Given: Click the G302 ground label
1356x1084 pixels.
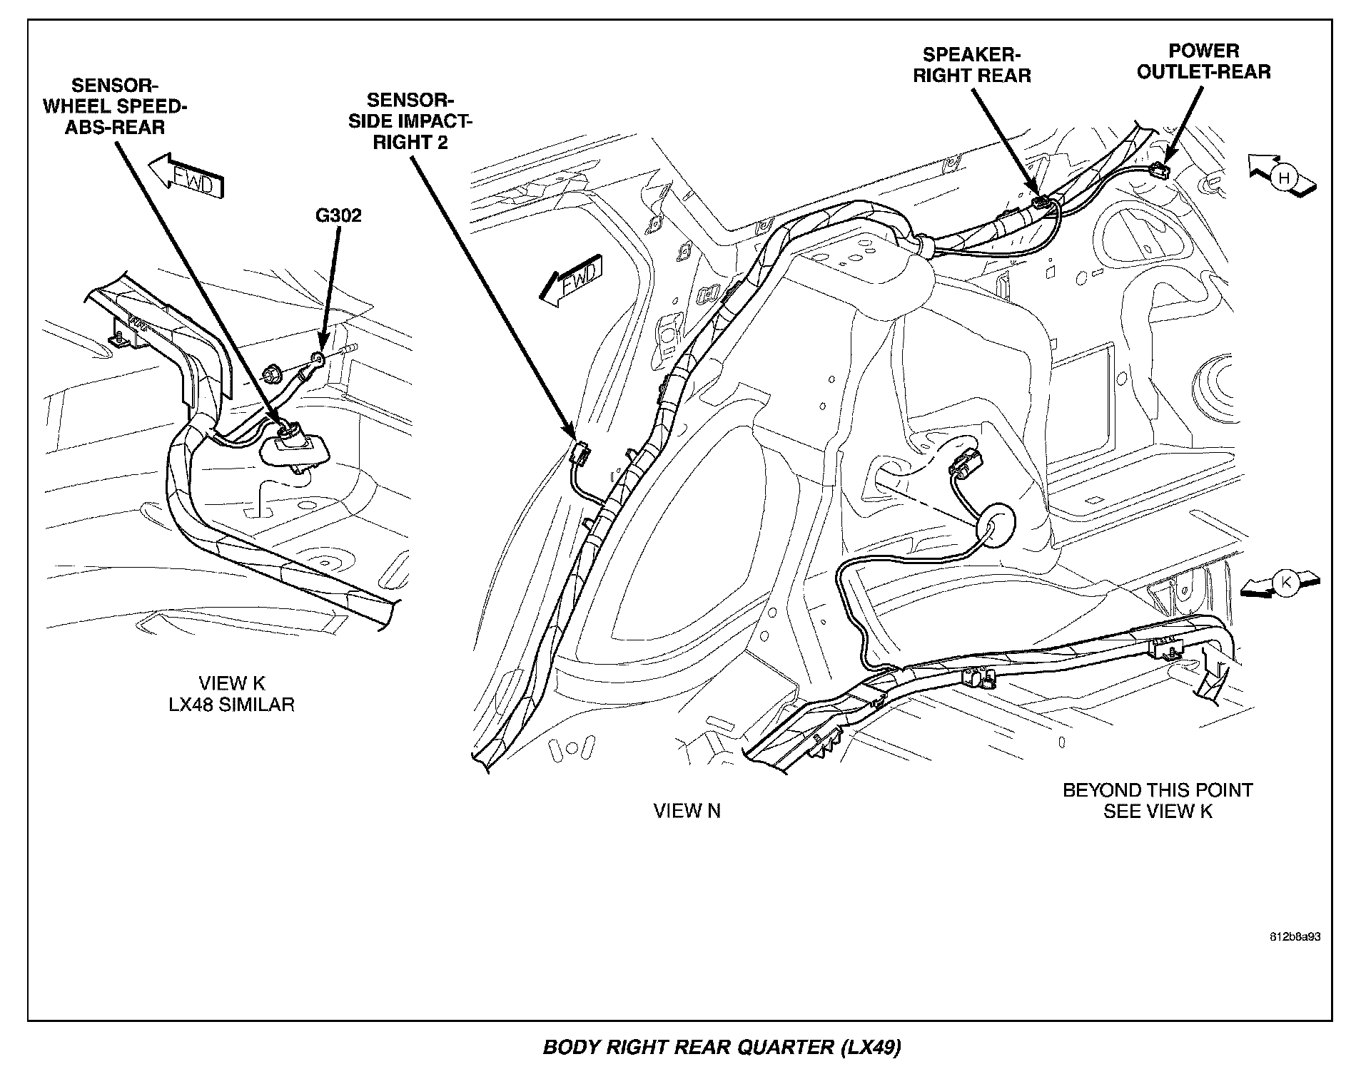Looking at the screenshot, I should tap(338, 215).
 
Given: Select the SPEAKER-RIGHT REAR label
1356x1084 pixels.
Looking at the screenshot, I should tap(971, 65).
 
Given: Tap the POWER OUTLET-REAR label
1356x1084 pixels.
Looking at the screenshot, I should tap(1203, 61).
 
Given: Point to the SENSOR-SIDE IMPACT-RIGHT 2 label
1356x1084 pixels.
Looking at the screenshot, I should tap(410, 121).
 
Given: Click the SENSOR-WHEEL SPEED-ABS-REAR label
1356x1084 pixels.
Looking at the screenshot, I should tap(115, 106).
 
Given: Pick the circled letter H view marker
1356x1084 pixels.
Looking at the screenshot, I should tap(1284, 178).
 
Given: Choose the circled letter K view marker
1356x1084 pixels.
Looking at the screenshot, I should tap(1285, 583).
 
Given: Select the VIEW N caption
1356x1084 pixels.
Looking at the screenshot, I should tap(687, 811).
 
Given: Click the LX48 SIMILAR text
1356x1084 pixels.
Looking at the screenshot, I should tap(231, 705).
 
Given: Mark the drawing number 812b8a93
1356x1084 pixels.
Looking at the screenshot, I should tap(1295, 936).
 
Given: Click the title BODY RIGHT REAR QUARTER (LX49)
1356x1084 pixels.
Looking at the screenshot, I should tap(722, 1047).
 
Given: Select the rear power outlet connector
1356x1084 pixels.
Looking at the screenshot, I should tap(1159, 171).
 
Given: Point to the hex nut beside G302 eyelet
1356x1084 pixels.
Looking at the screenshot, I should tap(271, 372).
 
